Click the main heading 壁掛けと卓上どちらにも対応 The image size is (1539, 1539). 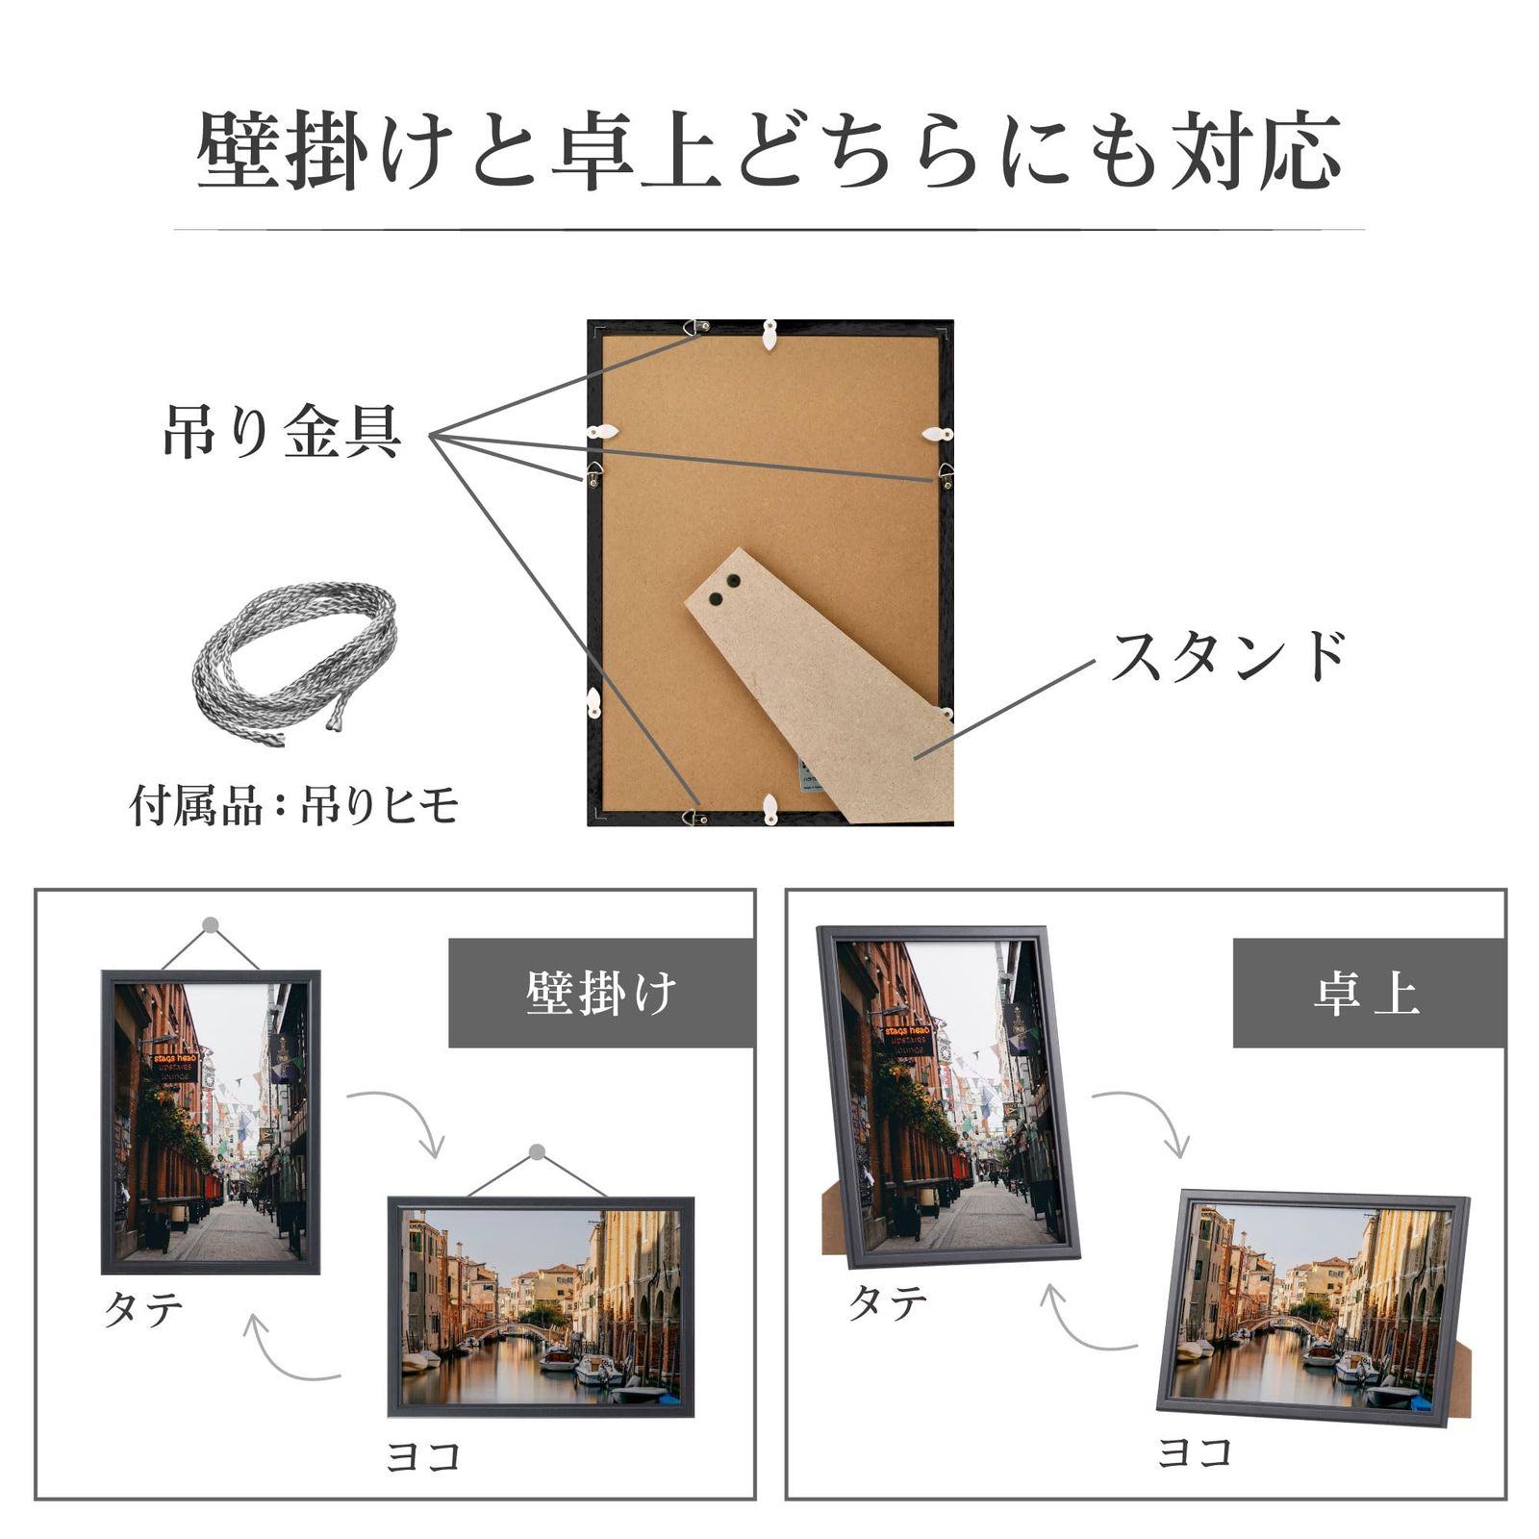769,152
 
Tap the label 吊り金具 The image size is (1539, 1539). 282,432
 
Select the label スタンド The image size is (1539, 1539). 1228,657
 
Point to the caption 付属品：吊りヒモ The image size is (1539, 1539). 294,806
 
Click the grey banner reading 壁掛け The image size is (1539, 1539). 601,993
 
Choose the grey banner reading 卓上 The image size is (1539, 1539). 1368,993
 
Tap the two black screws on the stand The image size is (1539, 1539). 723,590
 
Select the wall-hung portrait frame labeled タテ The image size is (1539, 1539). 211,1122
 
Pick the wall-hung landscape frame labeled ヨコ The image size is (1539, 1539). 540,1306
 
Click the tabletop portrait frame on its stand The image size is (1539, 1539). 947,1097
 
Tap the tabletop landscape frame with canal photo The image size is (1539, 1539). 1313,1306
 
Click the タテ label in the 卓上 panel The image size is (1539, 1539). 887,1302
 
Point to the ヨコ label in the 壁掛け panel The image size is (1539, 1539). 423,1456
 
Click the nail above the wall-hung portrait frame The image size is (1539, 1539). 211,925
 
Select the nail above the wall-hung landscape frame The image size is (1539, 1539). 538,1152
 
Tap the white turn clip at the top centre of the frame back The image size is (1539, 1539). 769,333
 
